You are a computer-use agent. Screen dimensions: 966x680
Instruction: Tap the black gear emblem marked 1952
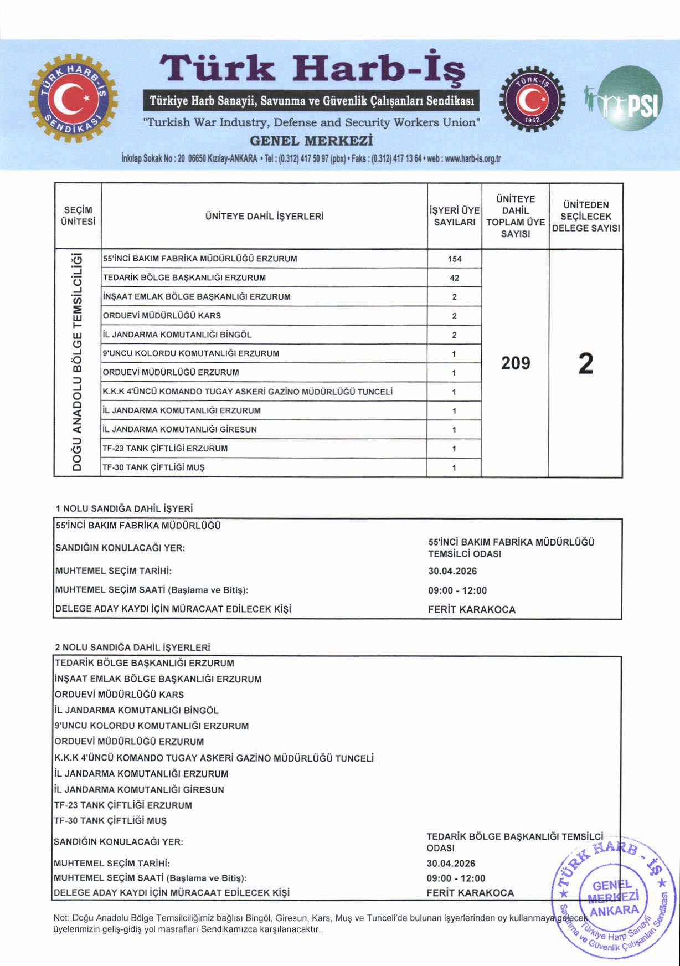[532, 100]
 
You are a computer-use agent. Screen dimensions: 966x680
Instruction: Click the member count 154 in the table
[454, 259]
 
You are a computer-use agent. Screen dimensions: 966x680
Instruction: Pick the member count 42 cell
[454, 278]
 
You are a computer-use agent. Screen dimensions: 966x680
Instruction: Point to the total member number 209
[515, 363]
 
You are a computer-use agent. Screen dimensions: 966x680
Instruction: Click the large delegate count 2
[585, 364]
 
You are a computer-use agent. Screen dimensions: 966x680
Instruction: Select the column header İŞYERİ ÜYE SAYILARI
[454, 217]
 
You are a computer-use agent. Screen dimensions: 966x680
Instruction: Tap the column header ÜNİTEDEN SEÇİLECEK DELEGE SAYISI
[585, 217]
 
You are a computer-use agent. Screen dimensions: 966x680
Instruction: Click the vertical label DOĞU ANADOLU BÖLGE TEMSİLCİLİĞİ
[78, 363]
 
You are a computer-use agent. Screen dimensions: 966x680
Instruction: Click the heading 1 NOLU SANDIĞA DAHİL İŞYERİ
[124, 508]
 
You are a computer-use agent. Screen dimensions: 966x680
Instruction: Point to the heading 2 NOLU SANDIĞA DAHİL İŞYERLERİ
[133, 647]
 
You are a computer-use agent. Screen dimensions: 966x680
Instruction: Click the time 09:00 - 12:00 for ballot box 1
[457, 590]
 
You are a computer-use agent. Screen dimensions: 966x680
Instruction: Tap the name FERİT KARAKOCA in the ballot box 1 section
[471, 610]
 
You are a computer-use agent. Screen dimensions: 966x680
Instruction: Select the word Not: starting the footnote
[61, 918]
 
